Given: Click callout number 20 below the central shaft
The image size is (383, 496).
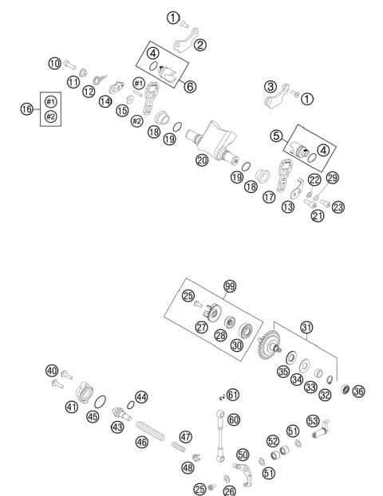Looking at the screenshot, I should coord(202,159).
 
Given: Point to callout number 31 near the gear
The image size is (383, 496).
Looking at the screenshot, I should coord(306,327).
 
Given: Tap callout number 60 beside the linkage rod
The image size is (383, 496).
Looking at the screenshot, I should coord(233,419).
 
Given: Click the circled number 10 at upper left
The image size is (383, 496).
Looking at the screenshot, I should coord(54,63).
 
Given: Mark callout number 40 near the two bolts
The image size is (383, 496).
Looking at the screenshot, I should coord(52,371).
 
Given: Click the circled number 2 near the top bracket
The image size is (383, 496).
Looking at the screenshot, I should coord(200,45).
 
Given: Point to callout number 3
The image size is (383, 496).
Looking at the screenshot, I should coord(270,86).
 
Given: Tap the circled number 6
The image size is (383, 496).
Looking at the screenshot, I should coord(188,85).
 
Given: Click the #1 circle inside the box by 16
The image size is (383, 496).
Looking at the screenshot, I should coord(51,101).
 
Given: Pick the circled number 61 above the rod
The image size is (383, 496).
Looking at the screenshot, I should coord(232,395).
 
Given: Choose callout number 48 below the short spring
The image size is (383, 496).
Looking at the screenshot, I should coord(188,467).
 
